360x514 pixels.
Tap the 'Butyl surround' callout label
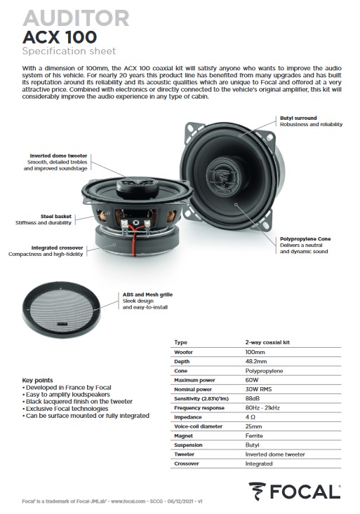coord(298,119)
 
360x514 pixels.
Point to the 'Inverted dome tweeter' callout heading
coord(58,156)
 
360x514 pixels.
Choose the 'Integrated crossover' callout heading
coord(58,248)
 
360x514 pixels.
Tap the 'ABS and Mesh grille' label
coord(147,295)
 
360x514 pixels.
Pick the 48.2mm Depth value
coord(256,361)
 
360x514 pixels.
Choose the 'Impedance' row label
coord(188,417)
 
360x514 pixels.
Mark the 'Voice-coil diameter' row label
coord(199,426)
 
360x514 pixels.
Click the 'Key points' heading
coord(38,381)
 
